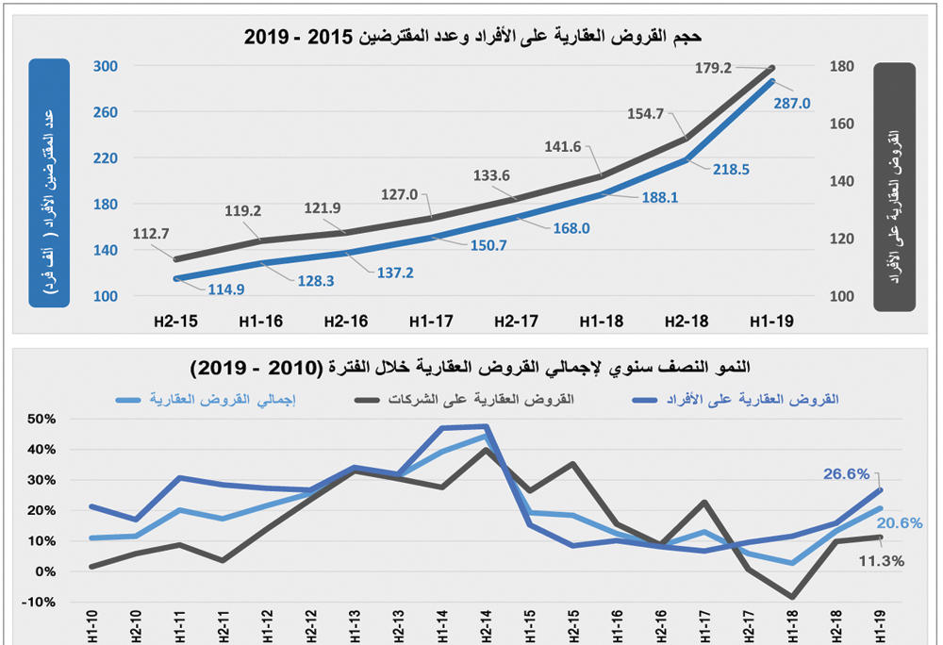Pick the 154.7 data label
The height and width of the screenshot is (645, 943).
pyautogui.click(x=647, y=113)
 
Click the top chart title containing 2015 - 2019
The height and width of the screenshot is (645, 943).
pyautogui.click(x=472, y=37)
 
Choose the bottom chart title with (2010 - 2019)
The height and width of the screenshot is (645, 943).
pyautogui.click(x=471, y=366)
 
